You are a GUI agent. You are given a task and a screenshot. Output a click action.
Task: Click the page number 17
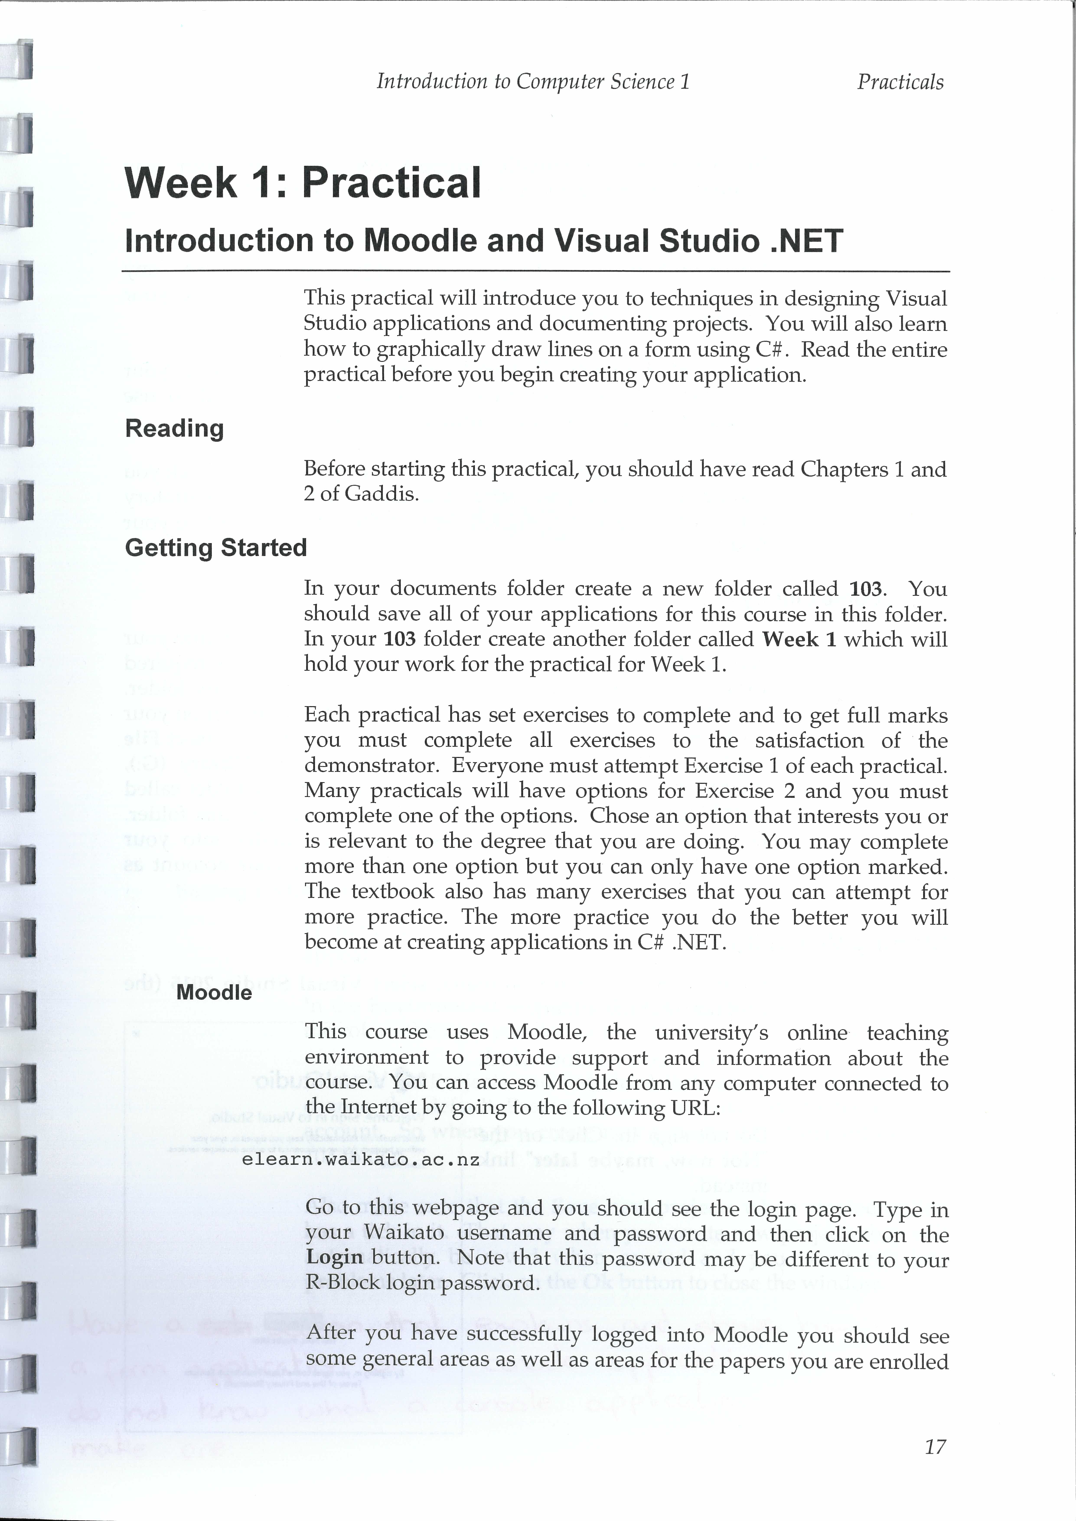(935, 1447)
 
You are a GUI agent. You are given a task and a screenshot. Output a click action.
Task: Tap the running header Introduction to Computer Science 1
(533, 81)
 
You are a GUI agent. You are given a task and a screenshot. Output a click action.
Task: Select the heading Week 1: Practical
(303, 183)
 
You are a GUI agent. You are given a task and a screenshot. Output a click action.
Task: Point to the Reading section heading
(174, 429)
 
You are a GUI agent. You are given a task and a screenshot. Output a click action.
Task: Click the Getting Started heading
(216, 548)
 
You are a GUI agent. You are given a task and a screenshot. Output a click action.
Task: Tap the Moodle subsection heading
(214, 992)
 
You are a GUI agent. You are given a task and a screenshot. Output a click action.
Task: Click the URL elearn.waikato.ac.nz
(360, 1160)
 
